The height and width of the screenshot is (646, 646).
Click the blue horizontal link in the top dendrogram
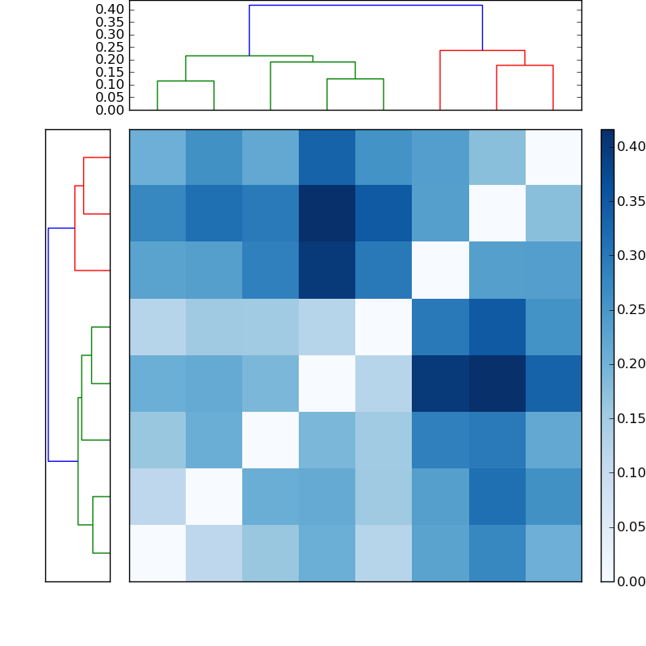pyautogui.click(x=365, y=6)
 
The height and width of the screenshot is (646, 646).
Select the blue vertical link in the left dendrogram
pyautogui.click(x=48, y=345)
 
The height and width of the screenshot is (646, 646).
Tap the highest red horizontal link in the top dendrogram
pyautogui.click(x=482, y=51)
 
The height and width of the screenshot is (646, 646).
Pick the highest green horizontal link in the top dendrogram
pyautogui.click(x=249, y=56)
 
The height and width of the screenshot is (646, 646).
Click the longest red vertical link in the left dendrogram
pyautogui.click(x=75, y=229)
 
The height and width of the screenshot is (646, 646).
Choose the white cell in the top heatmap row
pyautogui.click(x=553, y=157)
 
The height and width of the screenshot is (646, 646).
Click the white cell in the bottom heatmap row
pyautogui.click(x=157, y=553)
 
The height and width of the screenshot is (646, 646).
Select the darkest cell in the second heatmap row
pyautogui.click(x=327, y=214)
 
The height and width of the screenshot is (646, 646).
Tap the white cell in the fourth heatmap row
pyautogui.click(x=384, y=327)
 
